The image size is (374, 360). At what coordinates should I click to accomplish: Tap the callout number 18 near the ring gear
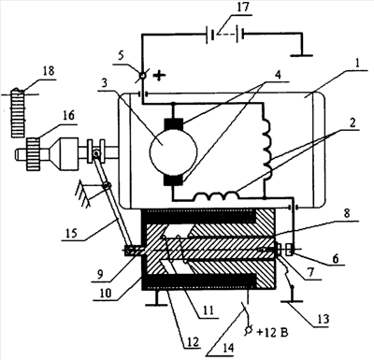[x=49, y=71]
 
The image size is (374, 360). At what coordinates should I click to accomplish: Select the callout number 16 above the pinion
[x=68, y=116]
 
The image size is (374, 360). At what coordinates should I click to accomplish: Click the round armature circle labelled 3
[x=173, y=151]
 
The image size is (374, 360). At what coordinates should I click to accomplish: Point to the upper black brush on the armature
[x=173, y=124]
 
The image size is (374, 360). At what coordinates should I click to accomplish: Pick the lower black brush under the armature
[x=174, y=180]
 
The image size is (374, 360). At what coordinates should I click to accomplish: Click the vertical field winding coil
[x=267, y=147]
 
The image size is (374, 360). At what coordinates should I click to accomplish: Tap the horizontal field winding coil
[x=216, y=195]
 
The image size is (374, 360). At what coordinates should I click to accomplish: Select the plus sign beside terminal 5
[x=158, y=76]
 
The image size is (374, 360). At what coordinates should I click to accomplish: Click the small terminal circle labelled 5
[x=142, y=76]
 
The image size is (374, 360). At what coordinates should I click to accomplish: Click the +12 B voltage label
[x=272, y=333]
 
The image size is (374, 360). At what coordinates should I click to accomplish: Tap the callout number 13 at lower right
[x=323, y=319]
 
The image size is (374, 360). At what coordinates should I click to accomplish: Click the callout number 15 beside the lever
[x=72, y=233]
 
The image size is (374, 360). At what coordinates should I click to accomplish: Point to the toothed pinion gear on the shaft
[x=33, y=154]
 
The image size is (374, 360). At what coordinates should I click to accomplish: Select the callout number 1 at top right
[x=357, y=65]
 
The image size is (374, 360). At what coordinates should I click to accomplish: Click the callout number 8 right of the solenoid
[x=347, y=213]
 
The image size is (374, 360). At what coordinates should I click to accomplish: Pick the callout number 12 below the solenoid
[x=193, y=342]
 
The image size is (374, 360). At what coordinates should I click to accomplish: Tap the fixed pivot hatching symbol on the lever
[x=83, y=194]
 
